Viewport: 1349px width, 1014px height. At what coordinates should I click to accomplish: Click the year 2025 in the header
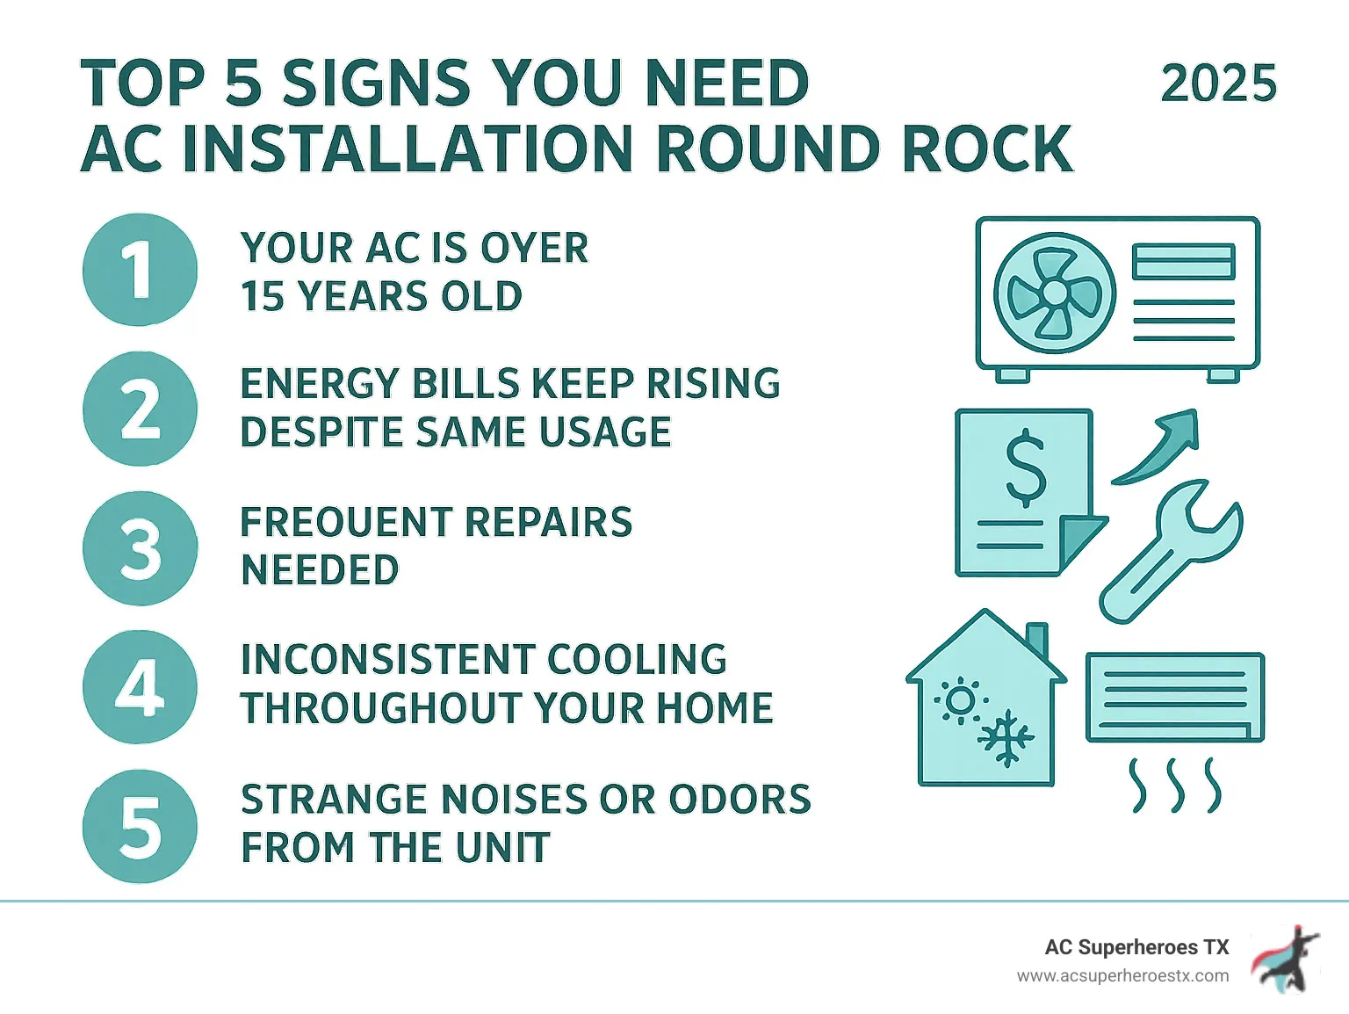[1218, 84]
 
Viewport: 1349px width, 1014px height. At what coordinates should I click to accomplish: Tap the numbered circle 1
[140, 270]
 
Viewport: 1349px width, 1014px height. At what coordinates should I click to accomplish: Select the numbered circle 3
[140, 548]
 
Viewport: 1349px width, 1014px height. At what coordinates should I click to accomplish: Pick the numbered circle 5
[140, 827]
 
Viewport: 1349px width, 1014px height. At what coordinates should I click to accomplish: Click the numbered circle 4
[140, 687]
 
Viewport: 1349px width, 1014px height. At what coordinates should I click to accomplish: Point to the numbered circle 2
[140, 409]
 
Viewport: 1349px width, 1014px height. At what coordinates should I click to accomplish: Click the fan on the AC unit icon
[1055, 293]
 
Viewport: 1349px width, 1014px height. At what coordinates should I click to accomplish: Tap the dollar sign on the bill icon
[1025, 469]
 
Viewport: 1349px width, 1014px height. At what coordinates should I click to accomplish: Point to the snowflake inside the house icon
[1006, 738]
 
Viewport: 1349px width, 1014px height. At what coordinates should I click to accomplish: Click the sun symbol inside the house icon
[960, 700]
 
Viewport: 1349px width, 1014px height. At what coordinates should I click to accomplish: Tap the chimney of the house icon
[1037, 640]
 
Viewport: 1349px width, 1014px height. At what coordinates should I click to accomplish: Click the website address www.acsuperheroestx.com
[1122, 976]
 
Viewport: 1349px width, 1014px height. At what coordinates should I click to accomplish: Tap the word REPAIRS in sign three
[547, 522]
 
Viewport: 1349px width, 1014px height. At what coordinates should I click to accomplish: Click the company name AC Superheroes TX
[1136, 947]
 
